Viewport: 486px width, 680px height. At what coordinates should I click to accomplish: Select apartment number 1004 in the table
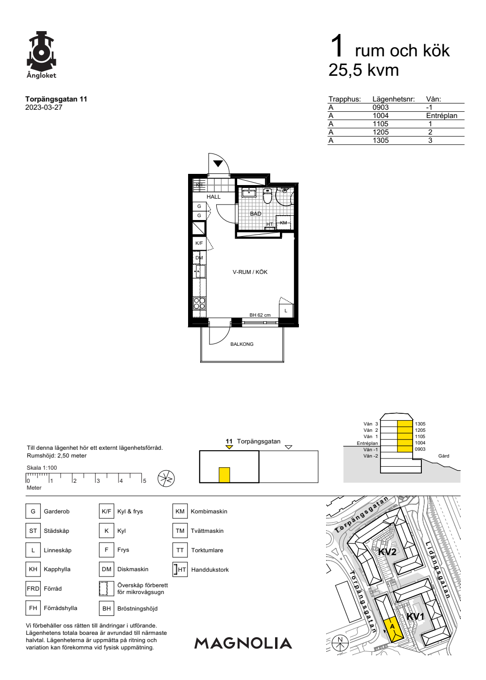pyautogui.click(x=380, y=116)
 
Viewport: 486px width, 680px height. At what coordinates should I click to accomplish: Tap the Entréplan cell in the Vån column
pyautogui.click(x=441, y=116)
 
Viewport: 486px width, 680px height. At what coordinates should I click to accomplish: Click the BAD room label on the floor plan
pyautogui.click(x=256, y=214)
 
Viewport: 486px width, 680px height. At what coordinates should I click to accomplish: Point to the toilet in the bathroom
pyautogui.click(x=267, y=196)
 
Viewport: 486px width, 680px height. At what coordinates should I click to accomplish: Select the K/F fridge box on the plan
pyautogui.click(x=199, y=243)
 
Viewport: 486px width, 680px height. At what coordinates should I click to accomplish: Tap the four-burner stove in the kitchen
pyautogui.click(x=199, y=303)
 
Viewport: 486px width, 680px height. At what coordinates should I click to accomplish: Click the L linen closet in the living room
pyautogui.click(x=286, y=310)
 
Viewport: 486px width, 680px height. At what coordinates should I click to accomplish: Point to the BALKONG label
pyautogui.click(x=242, y=344)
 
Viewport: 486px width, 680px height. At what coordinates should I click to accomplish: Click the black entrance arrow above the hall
pyautogui.click(x=218, y=164)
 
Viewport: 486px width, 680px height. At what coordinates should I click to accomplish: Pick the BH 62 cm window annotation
pyautogui.click(x=260, y=315)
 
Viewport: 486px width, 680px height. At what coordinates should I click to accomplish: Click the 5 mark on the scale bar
pyautogui.click(x=145, y=481)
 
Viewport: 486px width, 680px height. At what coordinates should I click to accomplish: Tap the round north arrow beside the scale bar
pyautogui.click(x=166, y=479)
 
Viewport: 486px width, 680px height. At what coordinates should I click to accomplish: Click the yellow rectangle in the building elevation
pyautogui.click(x=224, y=475)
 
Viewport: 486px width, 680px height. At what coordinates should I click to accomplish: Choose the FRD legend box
pyautogui.click(x=33, y=589)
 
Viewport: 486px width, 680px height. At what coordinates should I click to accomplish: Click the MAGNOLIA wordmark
pyautogui.click(x=243, y=643)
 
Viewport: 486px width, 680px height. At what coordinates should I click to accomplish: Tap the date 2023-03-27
pyautogui.click(x=44, y=107)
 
